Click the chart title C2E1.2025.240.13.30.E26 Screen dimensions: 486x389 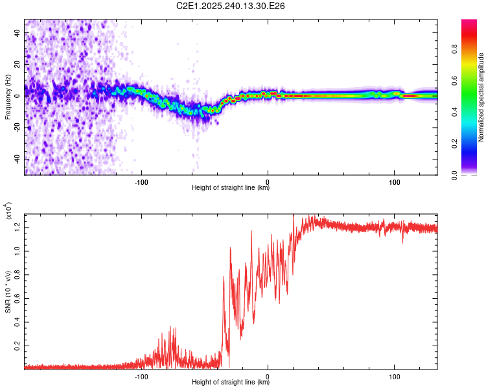tap(230, 6)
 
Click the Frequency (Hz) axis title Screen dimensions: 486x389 tap(8, 97)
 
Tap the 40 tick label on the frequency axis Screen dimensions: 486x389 tap(17, 33)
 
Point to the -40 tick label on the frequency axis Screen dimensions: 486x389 tap(17, 159)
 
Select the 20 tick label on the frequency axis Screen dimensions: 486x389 tap(17, 65)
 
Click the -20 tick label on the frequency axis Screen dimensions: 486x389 tap(17, 128)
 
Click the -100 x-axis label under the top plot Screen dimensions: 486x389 tap(141, 182)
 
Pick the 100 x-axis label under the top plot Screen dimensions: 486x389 tap(394, 182)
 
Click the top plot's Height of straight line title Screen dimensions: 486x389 tap(231, 187)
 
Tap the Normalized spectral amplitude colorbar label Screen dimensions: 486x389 tap(481, 97)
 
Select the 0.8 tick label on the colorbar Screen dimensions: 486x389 tap(454, 49)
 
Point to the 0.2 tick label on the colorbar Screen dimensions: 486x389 tap(454, 144)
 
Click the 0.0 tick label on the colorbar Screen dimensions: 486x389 tap(454, 175)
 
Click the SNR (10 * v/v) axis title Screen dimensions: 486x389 tap(8, 292)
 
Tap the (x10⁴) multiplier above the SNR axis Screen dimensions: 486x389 tap(8, 211)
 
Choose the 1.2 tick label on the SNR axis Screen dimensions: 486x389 tap(17, 228)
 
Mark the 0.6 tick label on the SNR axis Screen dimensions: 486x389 tap(17, 298)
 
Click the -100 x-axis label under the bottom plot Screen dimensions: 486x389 tap(141, 377)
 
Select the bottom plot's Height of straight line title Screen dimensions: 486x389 tap(231, 382)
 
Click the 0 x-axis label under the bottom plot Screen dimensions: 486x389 tap(268, 377)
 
